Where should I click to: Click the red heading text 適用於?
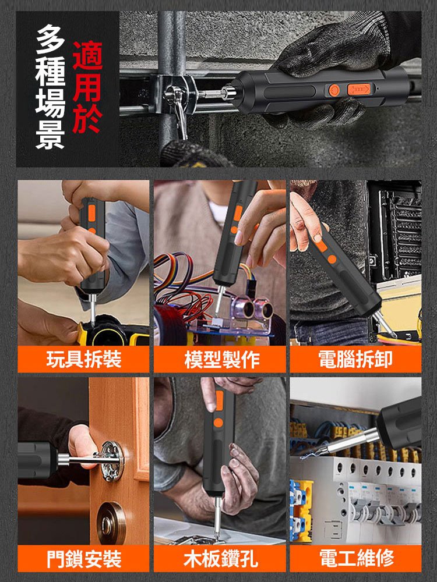tap(87, 87)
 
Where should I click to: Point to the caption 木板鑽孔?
tap(220, 559)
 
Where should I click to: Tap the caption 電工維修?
tap(355, 559)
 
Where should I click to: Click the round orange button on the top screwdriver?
tap(334, 90)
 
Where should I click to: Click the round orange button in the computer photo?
tap(332, 258)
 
